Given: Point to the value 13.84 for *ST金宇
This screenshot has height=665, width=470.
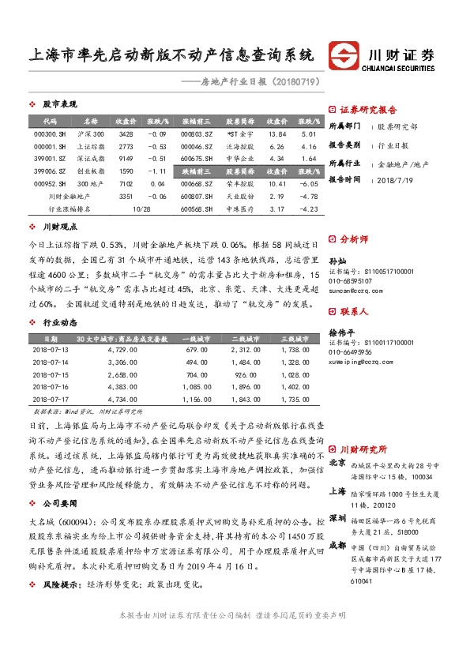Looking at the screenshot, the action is (276, 134).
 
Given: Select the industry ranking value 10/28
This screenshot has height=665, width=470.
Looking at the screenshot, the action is (142, 209).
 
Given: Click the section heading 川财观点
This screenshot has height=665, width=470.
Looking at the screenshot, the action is (58, 227).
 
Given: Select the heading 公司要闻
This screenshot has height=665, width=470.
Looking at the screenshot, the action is (60, 502).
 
